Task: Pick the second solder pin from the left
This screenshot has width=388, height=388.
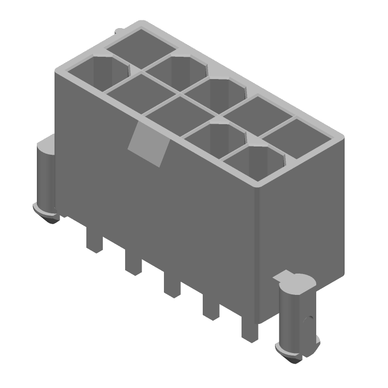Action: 133,261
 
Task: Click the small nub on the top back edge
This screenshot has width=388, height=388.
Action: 118,32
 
